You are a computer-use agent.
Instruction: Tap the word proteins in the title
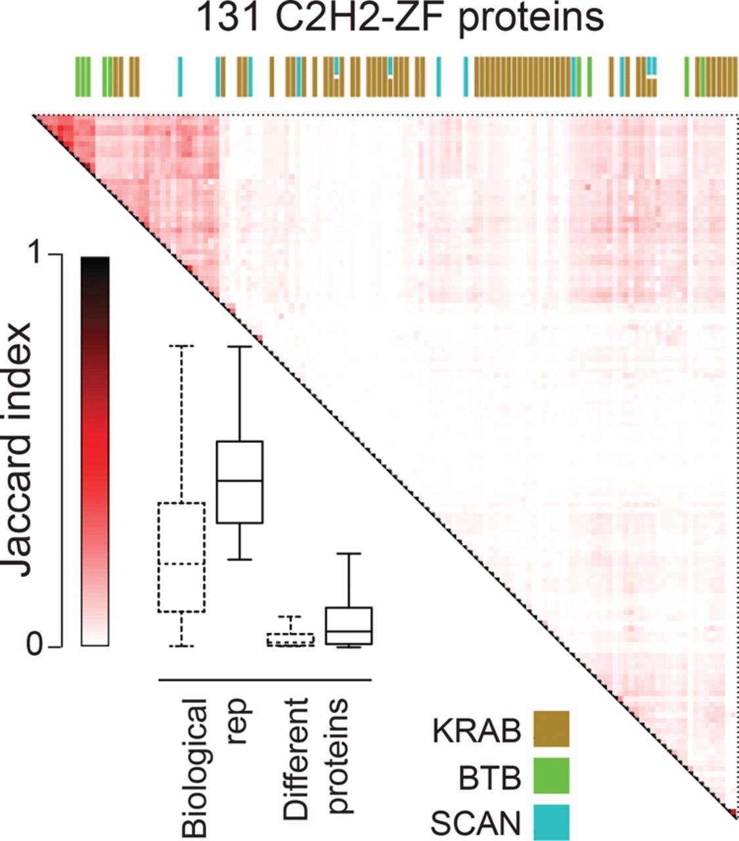(530, 18)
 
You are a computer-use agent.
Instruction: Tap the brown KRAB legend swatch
(551, 729)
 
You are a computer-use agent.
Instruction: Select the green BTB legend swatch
(551, 776)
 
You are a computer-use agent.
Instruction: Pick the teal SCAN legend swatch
(551, 823)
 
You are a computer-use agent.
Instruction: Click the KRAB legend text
(477, 731)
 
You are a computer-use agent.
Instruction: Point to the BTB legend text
(490, 777)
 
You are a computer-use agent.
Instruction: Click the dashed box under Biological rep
(181, 557)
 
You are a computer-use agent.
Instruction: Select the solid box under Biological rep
(240, 482)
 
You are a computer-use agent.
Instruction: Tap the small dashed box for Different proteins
(290, 639)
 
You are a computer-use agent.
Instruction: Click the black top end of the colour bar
(95, 263)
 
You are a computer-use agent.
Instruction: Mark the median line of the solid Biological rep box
(240, 481)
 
